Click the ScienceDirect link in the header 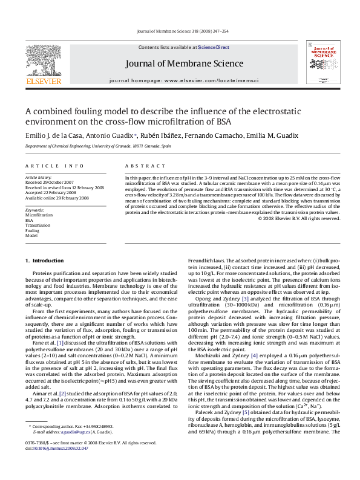pyautogui.click(x=214, y=47)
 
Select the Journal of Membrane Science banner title pyautogui.click(x=184, y=63)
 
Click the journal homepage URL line pyautogui.click(x=184, y=80)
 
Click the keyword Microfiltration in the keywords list pyautogui.click(x=39, y=215)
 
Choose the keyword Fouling pyautogui.click(x=32, y=231)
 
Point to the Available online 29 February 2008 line pyautogui.click(x=57, y=198)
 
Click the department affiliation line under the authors pyautogui.click(x=90, y=146)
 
